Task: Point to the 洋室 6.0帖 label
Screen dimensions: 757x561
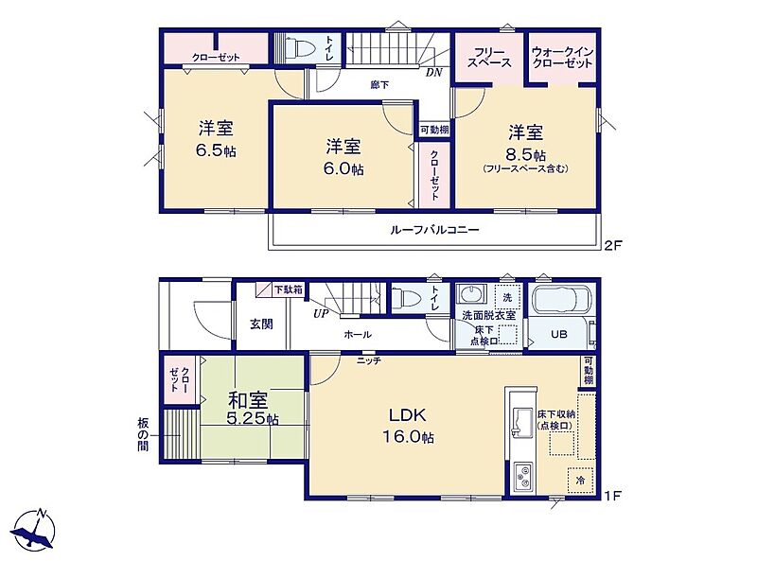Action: [343, 157]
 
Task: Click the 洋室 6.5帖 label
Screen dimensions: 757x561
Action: [216, 139]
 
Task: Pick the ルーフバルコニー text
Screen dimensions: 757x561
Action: [434, 229]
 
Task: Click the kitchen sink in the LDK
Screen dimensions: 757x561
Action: [520, 418]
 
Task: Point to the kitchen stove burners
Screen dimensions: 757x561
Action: [523, 475]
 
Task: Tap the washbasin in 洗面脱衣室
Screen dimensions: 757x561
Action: [467, 293]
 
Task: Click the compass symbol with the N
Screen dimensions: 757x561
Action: [34, 530]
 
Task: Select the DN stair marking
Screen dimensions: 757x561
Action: [433, 73]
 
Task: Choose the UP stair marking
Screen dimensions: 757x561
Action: [321, 314]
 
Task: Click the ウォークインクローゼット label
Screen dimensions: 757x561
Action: [562, 58]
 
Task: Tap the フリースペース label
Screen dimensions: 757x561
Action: [489, 58]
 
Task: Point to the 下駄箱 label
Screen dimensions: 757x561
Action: [289, 289]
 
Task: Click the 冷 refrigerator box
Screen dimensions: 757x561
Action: [580, 481]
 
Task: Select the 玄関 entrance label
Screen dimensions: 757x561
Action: [261, 324]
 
